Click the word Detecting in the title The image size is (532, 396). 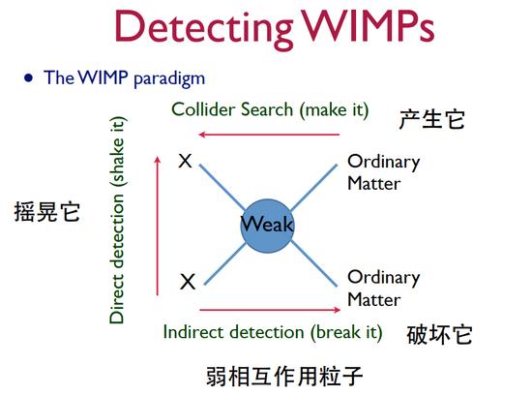[x=203, y=30]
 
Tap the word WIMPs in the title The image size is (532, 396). [x=368, y=26]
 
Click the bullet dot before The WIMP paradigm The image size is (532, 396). [x=28, y=78]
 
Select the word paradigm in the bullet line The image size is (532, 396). [x=169, y=78]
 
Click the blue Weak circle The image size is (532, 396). [x=267, y=226]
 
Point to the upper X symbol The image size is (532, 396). [x=186, y=161]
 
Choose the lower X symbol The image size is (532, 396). [x=188, y=282]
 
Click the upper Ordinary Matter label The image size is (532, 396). [x=384, y=172]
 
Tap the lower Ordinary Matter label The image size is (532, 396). [x=384, y=288]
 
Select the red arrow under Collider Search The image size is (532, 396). [x=269, y=135]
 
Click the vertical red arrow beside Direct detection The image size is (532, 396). [x=157, y=226]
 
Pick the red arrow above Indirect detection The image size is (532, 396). [x=270, y=310]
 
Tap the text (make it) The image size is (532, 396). [x=335, y=110]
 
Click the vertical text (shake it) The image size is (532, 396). [x=117, y=151]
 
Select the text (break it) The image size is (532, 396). [x=346, y=332]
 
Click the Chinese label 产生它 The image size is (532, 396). [x=432, y=119]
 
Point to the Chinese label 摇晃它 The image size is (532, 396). [x=47, y=212]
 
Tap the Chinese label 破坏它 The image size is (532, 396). [x=440, y=335]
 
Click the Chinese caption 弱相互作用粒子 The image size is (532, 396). [x=284, y=377]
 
